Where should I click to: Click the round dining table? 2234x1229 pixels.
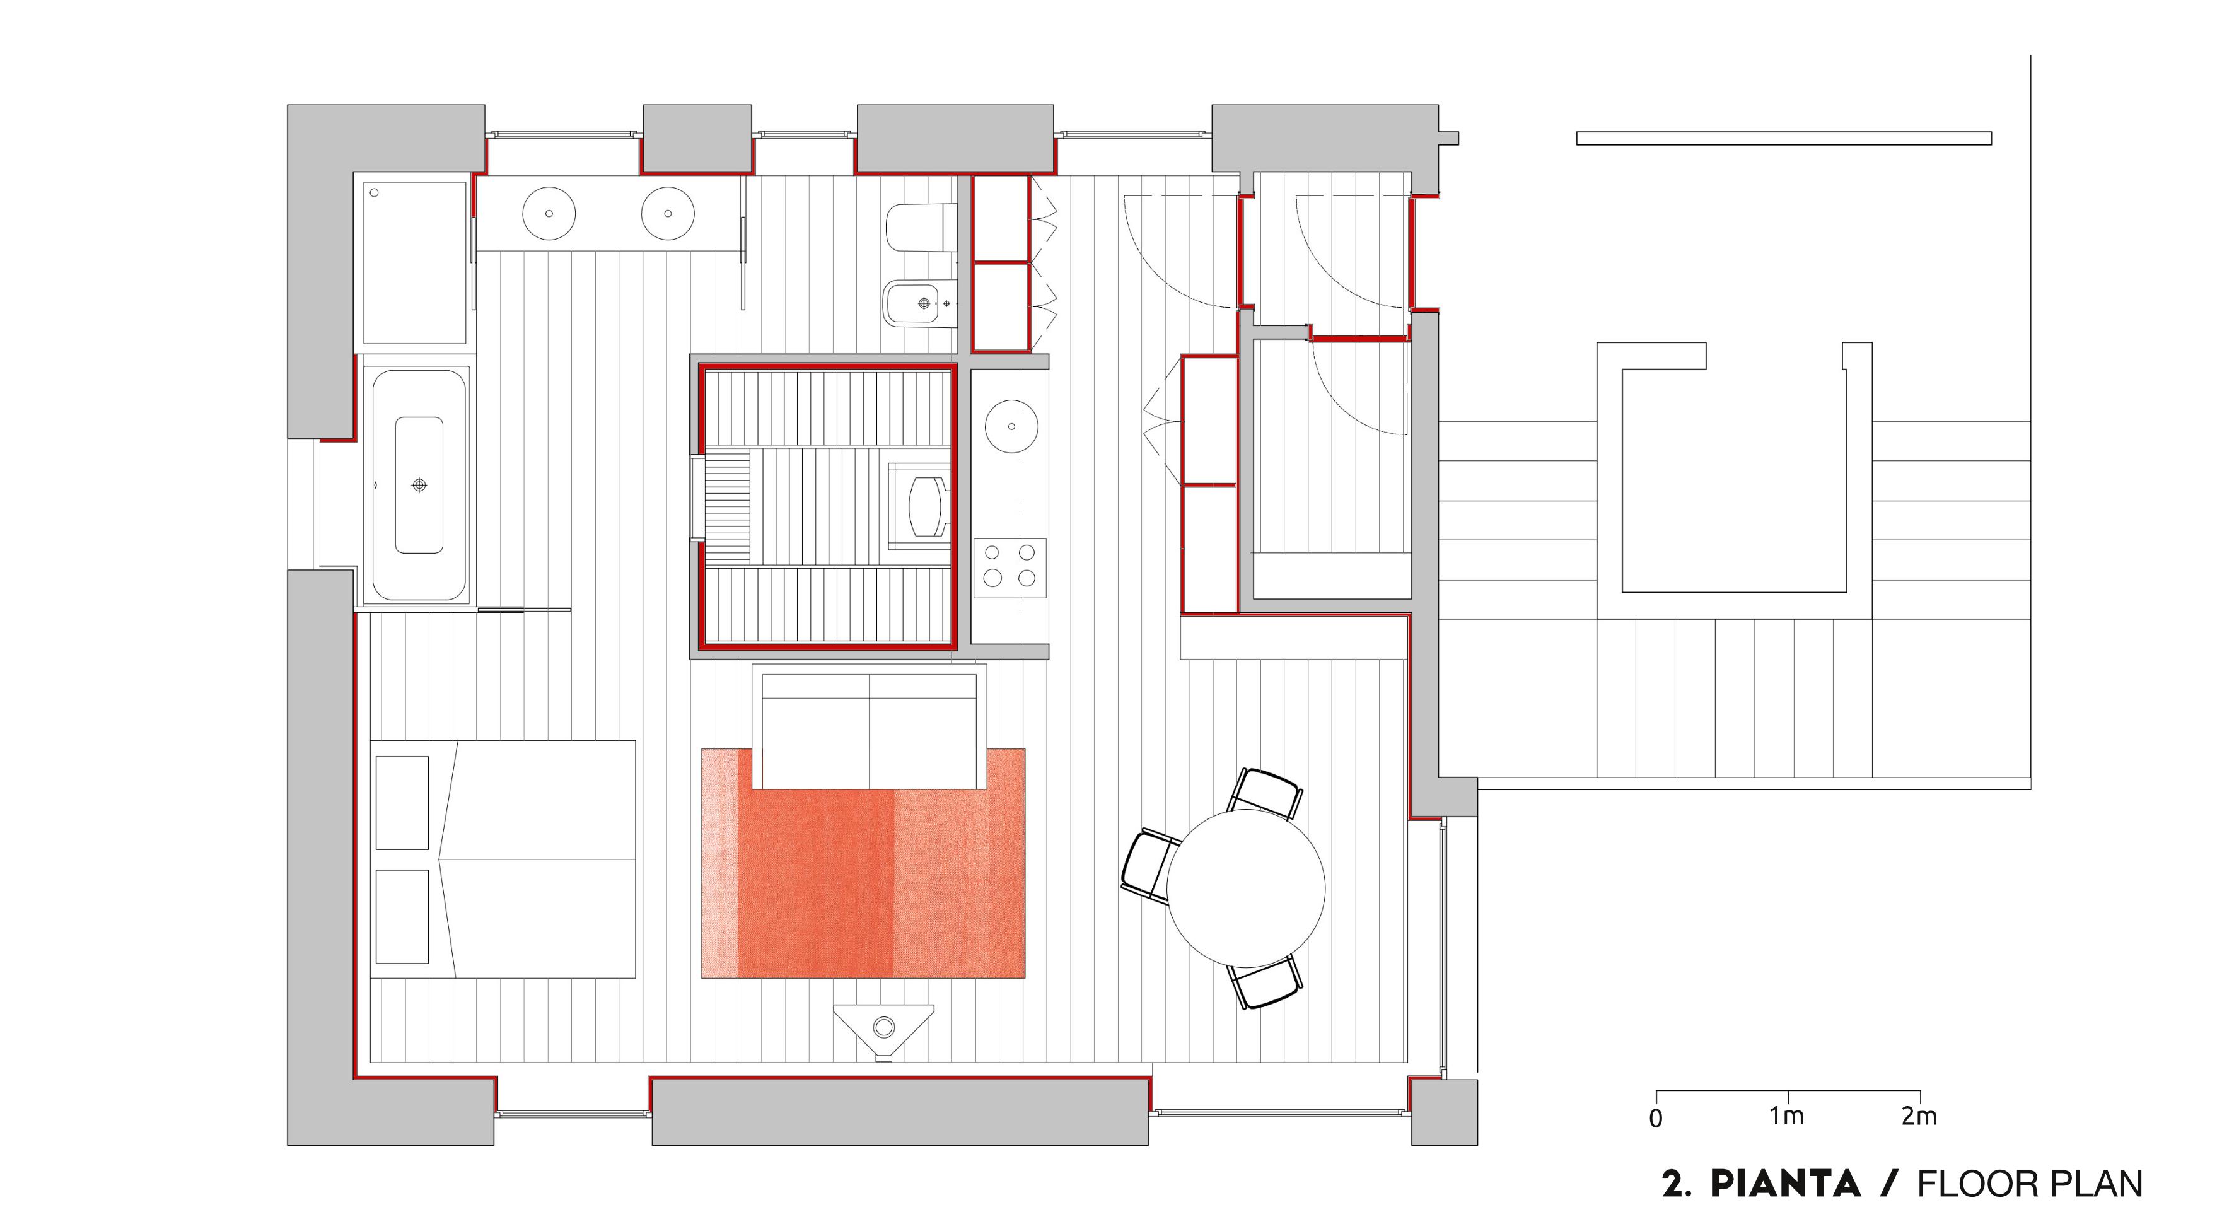point(1245,888)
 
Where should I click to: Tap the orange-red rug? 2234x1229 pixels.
point(863,863)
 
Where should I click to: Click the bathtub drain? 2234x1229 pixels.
point(420,485)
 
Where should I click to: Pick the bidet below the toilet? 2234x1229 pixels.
point(921,303)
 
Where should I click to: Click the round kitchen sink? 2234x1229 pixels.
point(1011,427)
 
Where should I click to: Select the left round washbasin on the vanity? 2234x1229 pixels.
point(549,213)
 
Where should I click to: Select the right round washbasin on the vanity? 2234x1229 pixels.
point(668,213)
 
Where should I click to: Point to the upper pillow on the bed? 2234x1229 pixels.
point(402,802)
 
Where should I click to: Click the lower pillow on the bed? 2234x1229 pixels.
point(402,917)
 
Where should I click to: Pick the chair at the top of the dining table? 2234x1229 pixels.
point(1267,793)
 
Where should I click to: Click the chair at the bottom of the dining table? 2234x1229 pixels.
point(1267,982)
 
